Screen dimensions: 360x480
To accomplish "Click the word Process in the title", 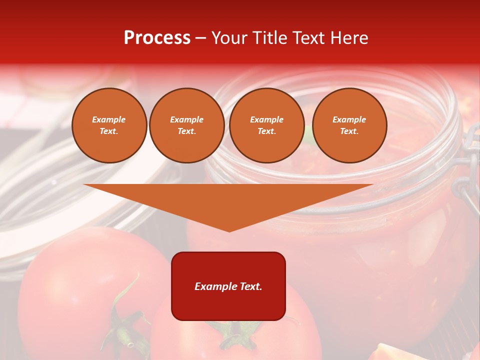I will (x=157, y=38).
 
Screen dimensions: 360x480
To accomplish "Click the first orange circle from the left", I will (x=109, y=125).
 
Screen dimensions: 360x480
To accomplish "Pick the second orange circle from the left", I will (x=186, y=125).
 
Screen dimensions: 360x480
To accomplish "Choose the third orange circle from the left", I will (x=266, y=125).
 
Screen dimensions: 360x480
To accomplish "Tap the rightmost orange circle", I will (x=349, y=125).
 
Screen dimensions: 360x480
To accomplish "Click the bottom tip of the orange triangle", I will (x=229, y=230).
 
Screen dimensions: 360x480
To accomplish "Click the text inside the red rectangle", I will (x=228, y=286).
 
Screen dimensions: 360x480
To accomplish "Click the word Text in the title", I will (x=306, y=38).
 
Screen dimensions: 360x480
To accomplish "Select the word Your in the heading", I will (x=227, y=38).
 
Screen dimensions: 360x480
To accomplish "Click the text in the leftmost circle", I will (x=109, y=125).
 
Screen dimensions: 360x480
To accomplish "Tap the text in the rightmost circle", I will (x=349, y=125).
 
